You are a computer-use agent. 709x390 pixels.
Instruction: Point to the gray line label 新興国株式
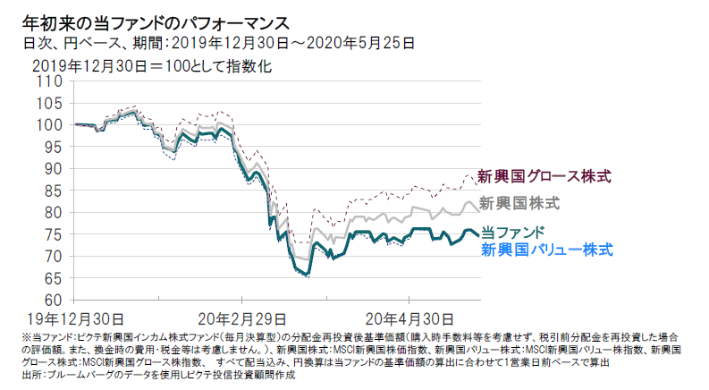click(x=519, y=203)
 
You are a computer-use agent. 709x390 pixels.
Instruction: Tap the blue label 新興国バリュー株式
click(x=547, y=250)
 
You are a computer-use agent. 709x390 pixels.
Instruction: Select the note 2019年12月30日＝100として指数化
click(x=151, y=65)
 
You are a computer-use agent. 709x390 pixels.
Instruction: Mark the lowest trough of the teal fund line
click(x=307, y=274)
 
